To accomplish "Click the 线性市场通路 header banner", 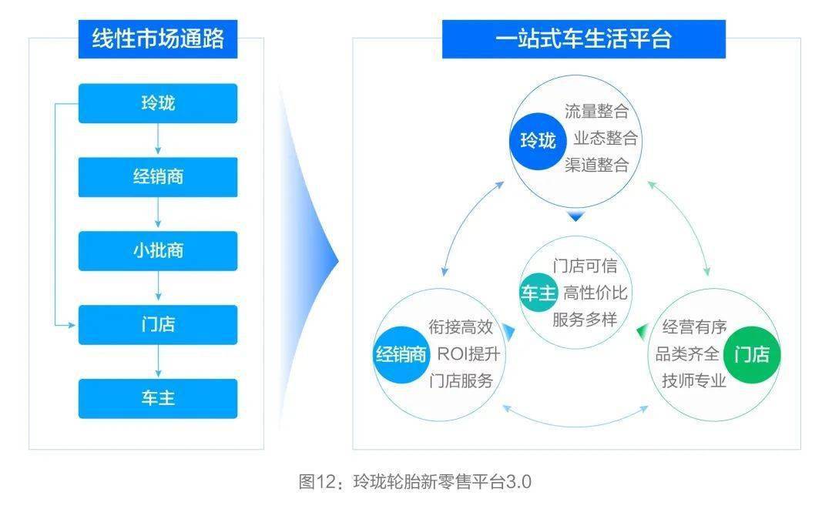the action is coord(158,39).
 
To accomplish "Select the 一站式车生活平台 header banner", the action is coord(584,39).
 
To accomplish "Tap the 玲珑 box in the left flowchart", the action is coord(158,103).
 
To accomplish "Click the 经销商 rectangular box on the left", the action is coord(158,177).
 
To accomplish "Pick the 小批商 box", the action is coord(158,251).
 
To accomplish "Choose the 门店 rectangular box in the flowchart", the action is coord(158,324).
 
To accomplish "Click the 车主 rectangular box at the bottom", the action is coord(158,398).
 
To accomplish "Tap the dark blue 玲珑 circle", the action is coord(538,141).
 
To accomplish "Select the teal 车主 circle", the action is coord(538,293).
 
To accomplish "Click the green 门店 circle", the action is coord(752,354).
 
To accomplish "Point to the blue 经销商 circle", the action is coord(401,354).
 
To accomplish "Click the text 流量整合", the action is coord(596,112).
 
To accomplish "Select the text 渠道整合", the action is coord(596,165).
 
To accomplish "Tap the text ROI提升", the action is coord(468,353).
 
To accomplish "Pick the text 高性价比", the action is coord(595,293).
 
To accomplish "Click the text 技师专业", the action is coord(694,380).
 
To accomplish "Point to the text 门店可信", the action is coord(585,266).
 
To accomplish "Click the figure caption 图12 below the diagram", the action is coord(415,482).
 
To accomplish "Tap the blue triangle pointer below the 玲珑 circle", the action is coord(575,216).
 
